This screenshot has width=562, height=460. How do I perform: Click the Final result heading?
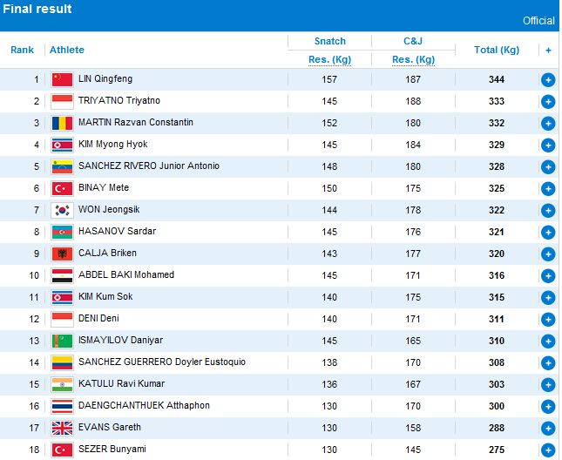point(37,9)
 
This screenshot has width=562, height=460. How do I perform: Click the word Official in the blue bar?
point(538,21)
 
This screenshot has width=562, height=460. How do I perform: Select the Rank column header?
point(22,50)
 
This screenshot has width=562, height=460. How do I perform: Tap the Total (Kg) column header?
point(496,50)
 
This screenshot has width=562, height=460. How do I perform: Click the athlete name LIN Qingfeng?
point(105,79)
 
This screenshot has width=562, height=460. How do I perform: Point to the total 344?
point(497,79)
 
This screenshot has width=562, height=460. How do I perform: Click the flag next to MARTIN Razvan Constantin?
point(62,123)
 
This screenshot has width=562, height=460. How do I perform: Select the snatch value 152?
point(328,123)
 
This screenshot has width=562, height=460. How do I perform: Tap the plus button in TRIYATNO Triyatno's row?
point(548,101)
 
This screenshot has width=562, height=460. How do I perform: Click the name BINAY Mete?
point(104,188)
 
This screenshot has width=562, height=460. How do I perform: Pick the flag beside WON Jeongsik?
point(62,210)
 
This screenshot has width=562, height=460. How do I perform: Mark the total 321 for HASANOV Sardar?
point(497,232)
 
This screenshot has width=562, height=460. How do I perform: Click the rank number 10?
point(35,275)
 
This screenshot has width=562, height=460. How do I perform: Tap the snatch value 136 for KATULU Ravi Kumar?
point(328,384)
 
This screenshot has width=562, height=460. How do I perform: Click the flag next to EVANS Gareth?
point(62,428)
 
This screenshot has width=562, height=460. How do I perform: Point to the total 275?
point(497,450)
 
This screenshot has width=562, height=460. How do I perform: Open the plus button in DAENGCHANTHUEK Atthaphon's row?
point(548,406)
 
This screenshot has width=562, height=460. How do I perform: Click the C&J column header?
point(413,41)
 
